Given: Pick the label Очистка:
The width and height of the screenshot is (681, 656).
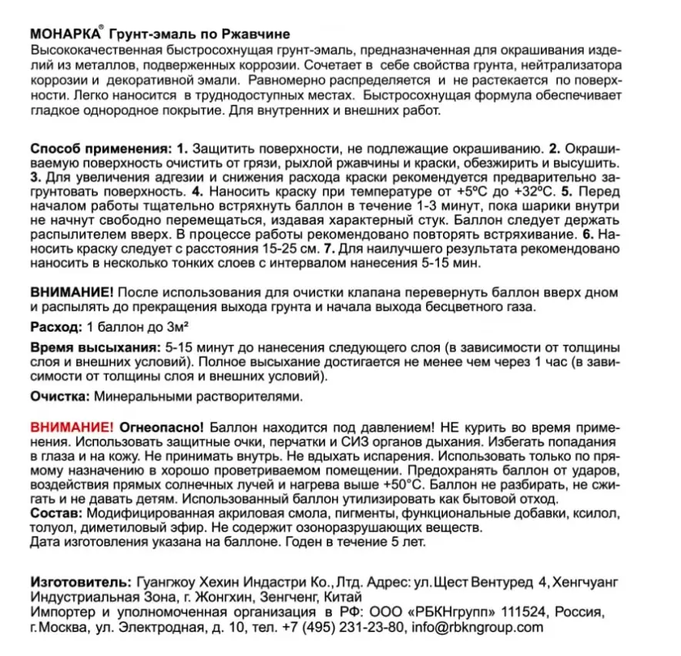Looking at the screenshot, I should (60, 397).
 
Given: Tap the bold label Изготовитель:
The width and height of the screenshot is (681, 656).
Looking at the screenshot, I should (81, 578).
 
